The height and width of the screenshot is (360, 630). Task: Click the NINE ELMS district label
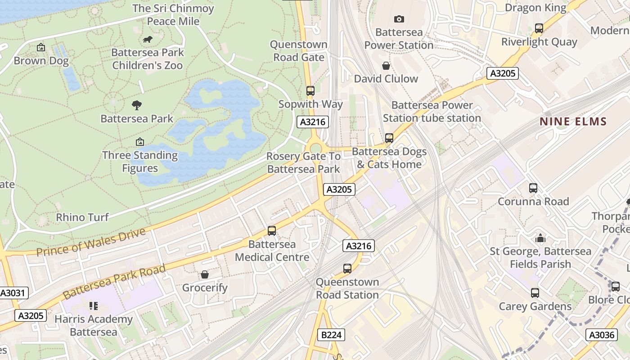(573, 121)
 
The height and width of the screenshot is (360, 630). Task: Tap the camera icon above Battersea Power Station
(399, 19)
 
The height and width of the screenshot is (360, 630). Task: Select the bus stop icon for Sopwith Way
(310, 90)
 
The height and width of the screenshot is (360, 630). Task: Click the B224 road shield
(332, 335)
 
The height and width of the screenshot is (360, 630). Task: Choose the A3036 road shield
(602, 335)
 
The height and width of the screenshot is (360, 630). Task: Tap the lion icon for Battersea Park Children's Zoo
(147, 40)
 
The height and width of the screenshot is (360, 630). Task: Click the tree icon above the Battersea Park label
(137, 105)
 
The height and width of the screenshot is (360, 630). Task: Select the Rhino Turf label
(82, 217)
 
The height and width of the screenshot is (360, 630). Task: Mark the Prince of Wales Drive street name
(91, 242)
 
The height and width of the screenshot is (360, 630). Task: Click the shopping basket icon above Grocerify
(205, 274)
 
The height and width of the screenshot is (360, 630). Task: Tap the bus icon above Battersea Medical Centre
(272, 231)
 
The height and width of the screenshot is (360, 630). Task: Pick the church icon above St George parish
(540, 238)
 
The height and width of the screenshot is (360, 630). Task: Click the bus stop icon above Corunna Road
(533, 188)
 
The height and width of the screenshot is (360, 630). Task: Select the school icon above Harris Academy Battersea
(94, 306)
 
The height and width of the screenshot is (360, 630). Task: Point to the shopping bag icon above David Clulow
(386, 66)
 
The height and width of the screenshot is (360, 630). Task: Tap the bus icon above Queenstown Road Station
(347, 269)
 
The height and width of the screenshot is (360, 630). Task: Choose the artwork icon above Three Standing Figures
(140, 142)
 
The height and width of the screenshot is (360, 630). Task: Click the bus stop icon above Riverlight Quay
(539, 28)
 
